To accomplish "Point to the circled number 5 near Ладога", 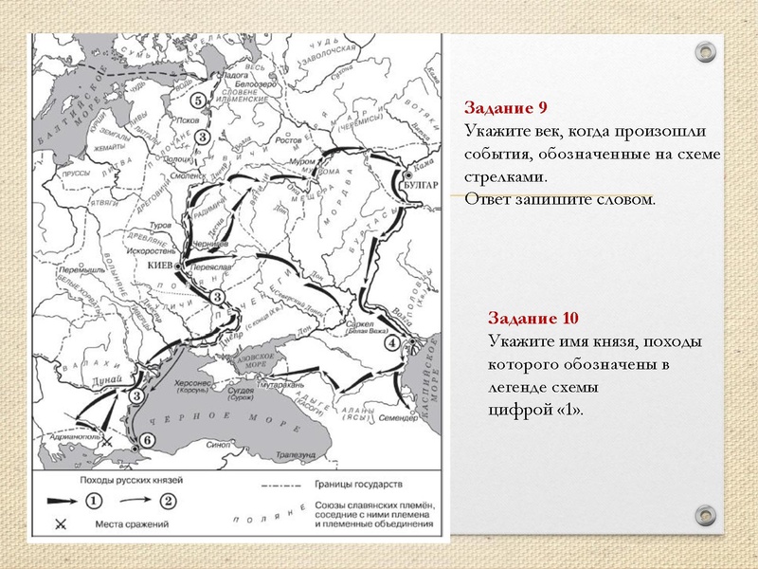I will click(x=197, y=101).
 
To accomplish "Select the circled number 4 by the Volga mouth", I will click(x=390, y=343).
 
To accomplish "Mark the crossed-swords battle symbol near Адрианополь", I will click(x=109, y=442).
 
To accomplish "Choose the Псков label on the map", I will click(x=189, y=120).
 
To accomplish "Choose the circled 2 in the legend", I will click(x=169, y=500).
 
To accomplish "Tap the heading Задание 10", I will click(x=527, y=318).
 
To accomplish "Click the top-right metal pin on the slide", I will click(x=706, y=52).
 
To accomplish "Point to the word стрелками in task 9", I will click(x=504, y=177).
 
